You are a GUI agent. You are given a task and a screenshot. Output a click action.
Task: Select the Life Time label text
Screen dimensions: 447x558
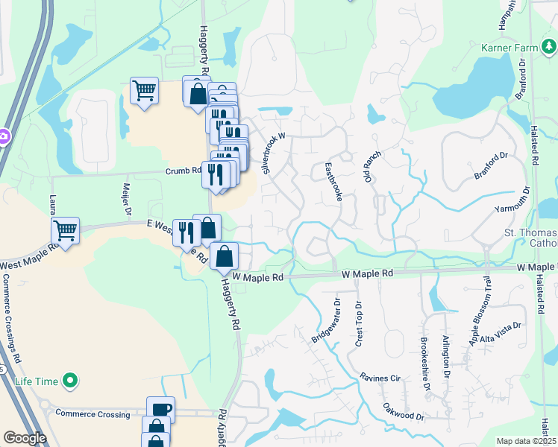click(37, 381)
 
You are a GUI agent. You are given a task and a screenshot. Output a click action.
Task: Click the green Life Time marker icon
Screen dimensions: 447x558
click(71, 381)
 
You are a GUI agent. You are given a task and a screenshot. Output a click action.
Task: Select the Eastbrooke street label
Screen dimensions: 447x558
click(332, 182)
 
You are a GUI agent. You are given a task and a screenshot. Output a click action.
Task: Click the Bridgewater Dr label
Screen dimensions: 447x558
click(325, 321)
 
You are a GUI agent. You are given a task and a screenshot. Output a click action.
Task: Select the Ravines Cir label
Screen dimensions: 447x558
click(380, 378)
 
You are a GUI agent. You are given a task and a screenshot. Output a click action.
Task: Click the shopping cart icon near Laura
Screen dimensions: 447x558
click(66, 231)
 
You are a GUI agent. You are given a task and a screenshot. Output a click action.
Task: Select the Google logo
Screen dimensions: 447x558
click(25, 438)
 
